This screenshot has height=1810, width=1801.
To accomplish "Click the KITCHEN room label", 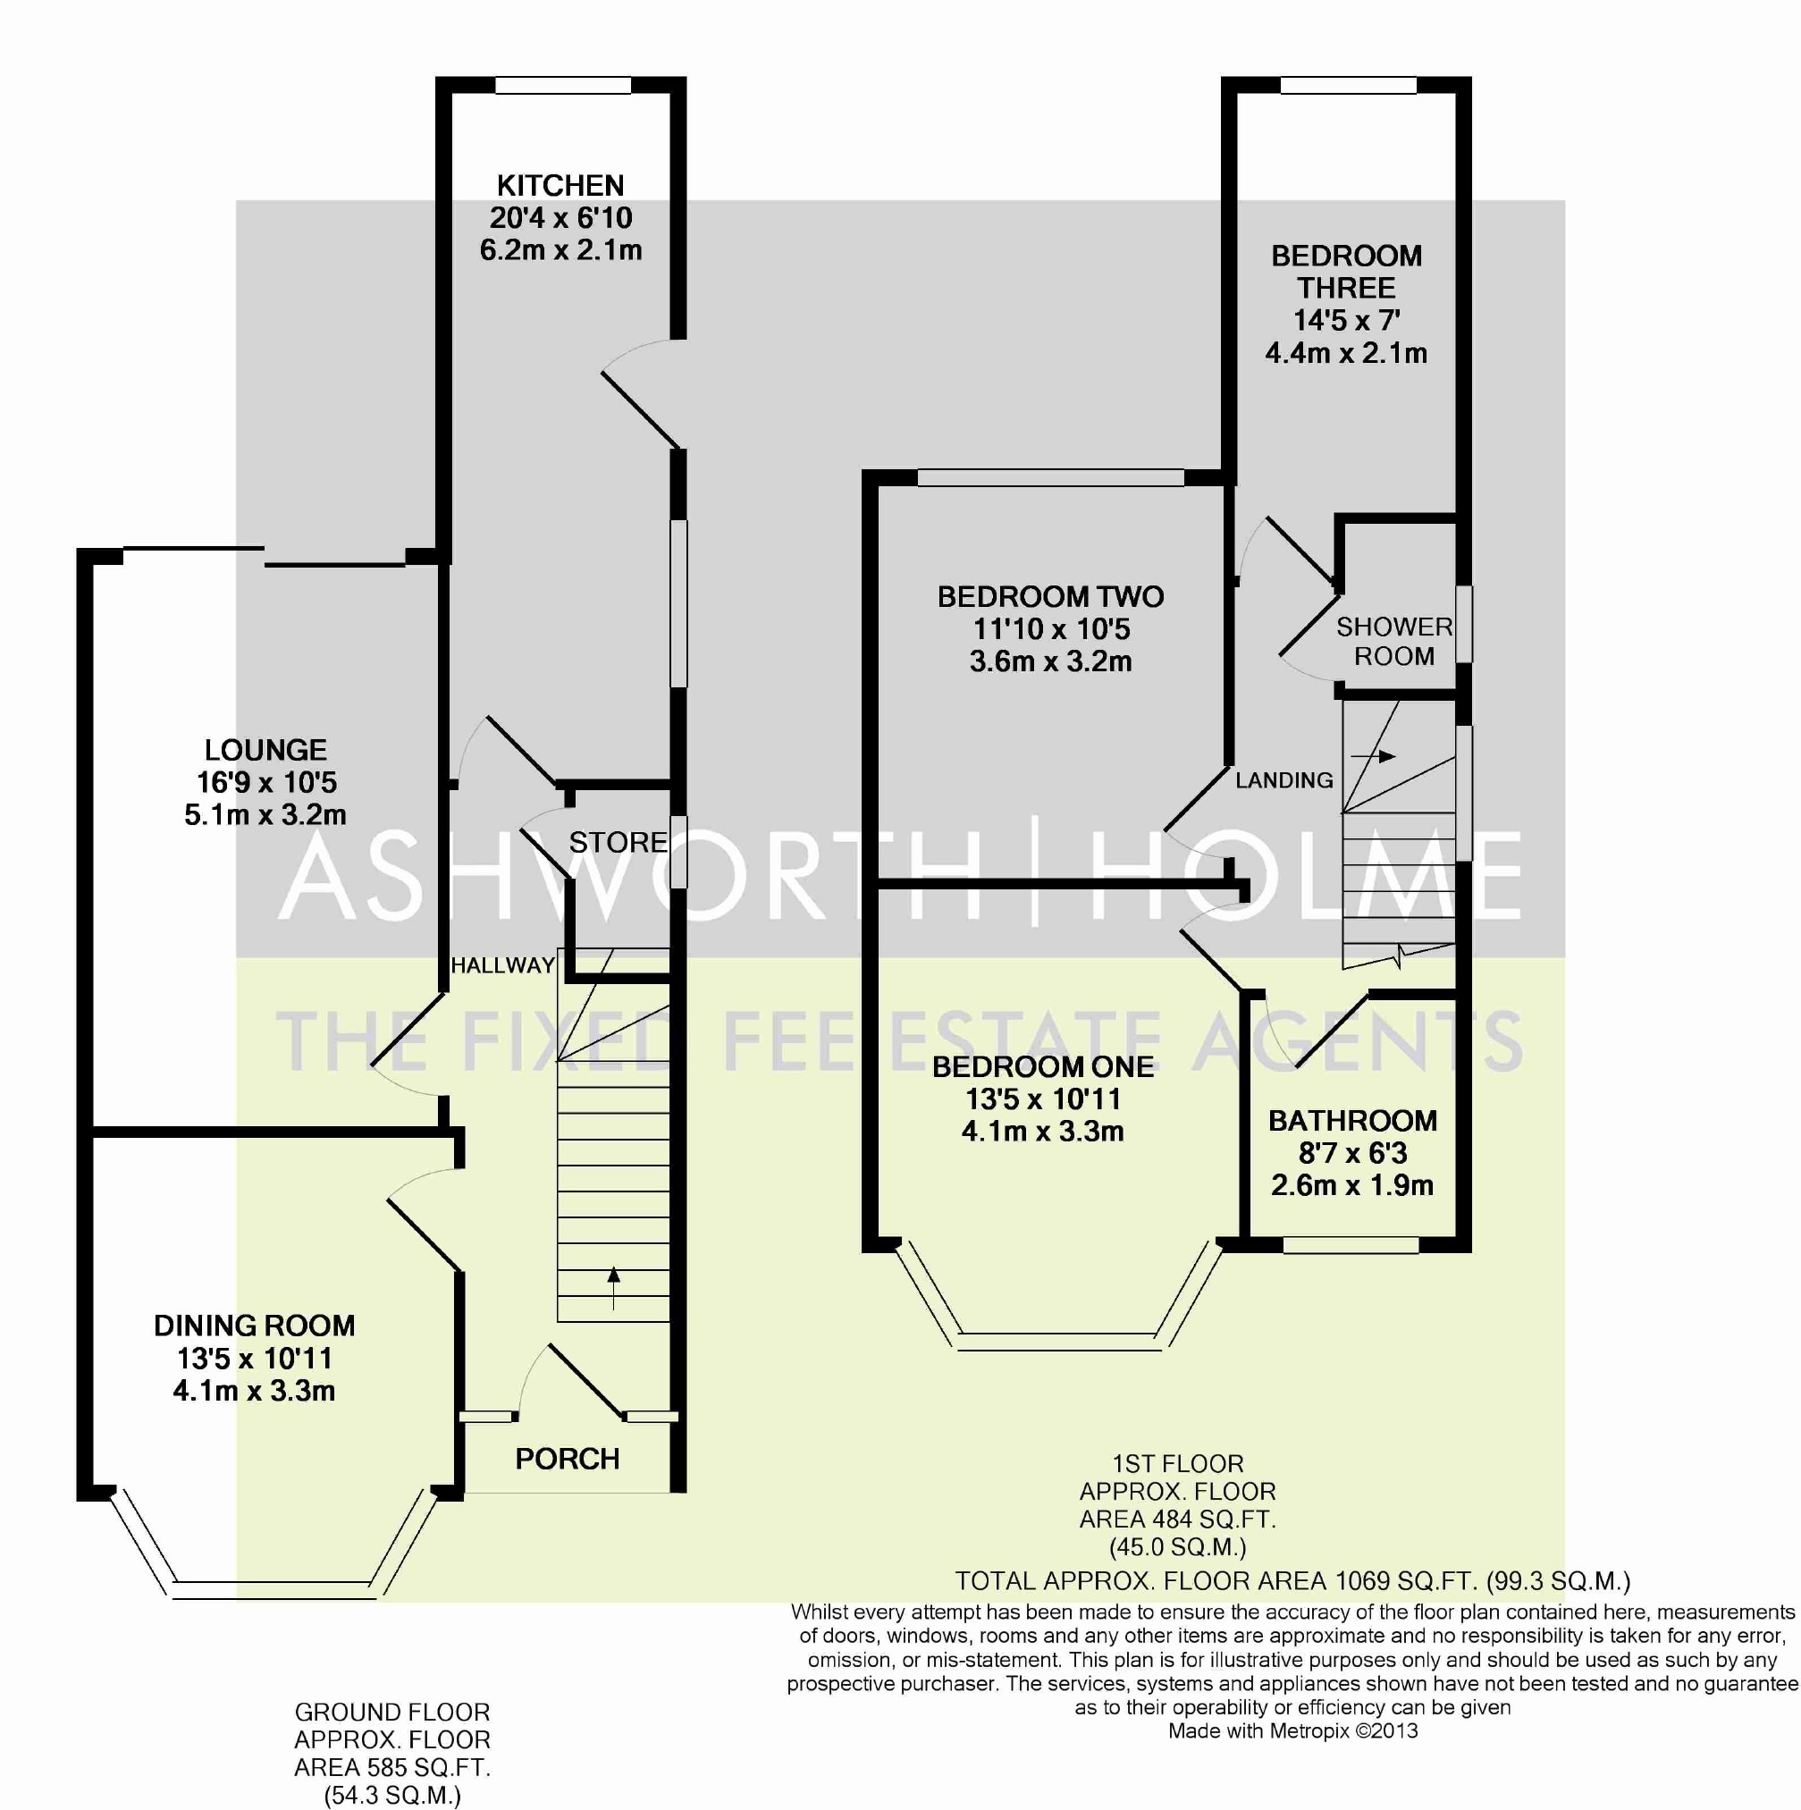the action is (x=560, y=186).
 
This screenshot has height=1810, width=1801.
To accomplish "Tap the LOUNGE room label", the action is (x=266, y=750).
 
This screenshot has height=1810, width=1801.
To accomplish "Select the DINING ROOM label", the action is (x=255, y=1326).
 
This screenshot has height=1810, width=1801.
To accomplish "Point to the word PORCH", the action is (x=568, y=1459).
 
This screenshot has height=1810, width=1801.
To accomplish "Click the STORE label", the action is (x=619, y=842).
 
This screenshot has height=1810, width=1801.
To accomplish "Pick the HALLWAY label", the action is (x=503, y=965).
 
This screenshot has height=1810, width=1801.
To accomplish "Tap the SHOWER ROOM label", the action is (x=1394, y=642).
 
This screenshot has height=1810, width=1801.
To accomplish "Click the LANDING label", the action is (x=1283, y=780).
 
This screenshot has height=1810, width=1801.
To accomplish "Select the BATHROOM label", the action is (x=1352, y=1121).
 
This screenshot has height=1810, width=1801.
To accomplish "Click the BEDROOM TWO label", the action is (x=1050, y=597).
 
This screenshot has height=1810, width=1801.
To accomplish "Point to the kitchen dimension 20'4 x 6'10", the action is (x=560, y=218).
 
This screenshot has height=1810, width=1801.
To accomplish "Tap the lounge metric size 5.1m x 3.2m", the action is (x=265, y=815).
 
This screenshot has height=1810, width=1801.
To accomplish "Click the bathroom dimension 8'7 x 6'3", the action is (x=1352, y=1153).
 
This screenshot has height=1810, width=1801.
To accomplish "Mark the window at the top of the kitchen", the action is (x=563, y=85).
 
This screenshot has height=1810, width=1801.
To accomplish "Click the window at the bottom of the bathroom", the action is (x=1351, y=1245).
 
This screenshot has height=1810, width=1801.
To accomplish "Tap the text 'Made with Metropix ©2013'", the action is (x=1293, y=1731).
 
